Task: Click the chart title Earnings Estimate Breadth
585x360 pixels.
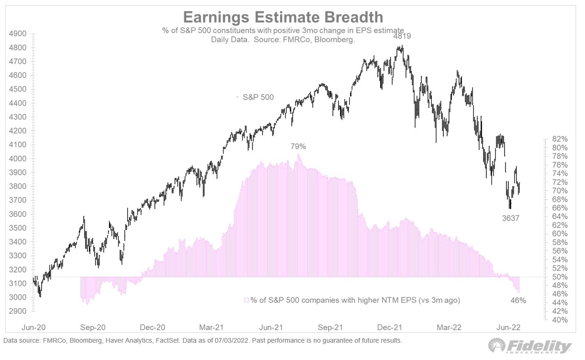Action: pos(283,17)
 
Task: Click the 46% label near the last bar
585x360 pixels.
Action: pos(518,301)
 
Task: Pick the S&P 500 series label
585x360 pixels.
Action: pos(258,97)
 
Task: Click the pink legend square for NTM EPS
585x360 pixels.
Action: pos(246,300)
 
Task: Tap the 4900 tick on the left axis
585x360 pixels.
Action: pos(19,34)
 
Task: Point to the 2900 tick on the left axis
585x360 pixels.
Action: pos(19,311)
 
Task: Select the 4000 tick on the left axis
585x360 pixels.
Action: pos(19,159)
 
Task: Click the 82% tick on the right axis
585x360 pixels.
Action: pos(560,139)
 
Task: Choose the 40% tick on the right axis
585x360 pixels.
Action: pos(560,320)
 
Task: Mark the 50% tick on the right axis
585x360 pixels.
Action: pos(560,277)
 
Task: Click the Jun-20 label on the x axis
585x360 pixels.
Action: pos(34,328)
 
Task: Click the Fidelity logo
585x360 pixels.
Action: pos(529,346)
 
